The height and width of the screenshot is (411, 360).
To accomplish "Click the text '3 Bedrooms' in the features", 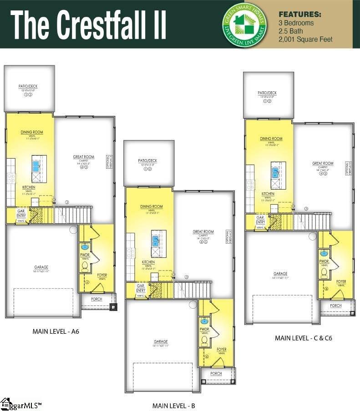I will (296, 23).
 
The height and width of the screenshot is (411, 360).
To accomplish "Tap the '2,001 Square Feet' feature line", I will (305, 39).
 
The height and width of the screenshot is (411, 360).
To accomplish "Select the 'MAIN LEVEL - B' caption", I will (173, 406).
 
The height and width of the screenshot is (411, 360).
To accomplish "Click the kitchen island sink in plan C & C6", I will (275, 171).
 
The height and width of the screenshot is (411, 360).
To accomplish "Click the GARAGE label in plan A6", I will (41, 267).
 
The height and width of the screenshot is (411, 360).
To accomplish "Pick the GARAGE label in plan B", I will (161, 341).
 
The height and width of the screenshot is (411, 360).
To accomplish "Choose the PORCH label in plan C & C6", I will (336, 306).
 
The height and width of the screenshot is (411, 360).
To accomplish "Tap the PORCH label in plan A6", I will (96, 299).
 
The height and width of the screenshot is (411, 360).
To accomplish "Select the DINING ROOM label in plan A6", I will (32, 132).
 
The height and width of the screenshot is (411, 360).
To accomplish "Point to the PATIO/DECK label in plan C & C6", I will (267, 93).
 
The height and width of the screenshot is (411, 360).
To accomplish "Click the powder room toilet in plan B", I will (204, 340).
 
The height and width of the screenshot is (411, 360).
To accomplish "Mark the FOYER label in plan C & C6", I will (341, 282).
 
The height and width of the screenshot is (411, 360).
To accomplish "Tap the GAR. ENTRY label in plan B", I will (141, 288).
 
